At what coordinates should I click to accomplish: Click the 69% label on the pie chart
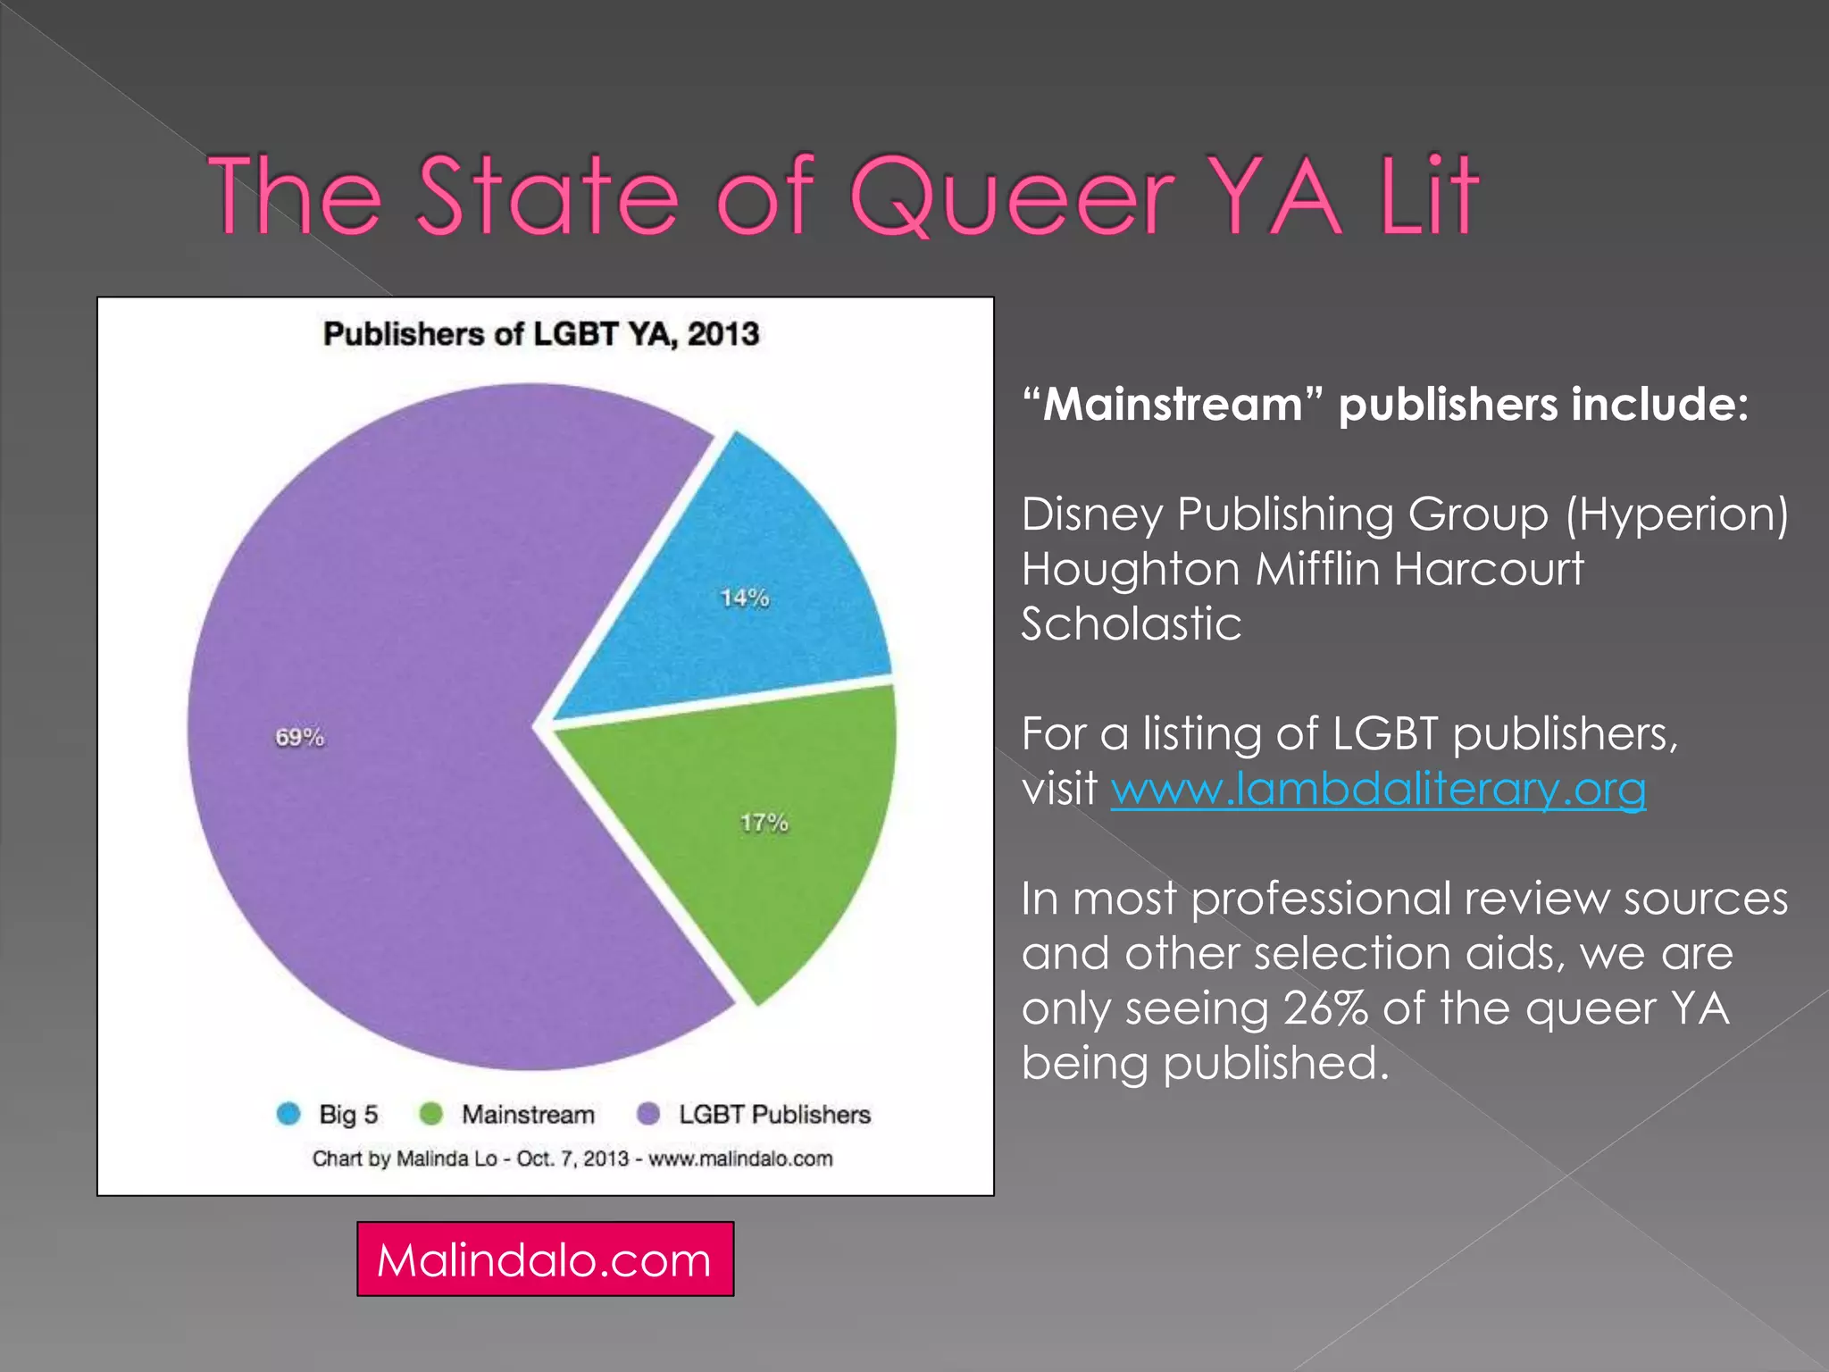coord(299,738)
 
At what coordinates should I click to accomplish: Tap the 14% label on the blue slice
coord(745,598)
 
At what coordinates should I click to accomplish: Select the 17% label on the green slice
coord(764,823)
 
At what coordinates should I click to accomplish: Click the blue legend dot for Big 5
coord(288,1114)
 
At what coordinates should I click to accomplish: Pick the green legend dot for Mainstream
coord(431,1114)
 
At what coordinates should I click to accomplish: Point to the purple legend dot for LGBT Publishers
coord(648,1114)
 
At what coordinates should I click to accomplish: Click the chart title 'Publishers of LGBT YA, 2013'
coord(541,334)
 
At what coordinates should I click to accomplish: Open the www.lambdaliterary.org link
coord(1378,789)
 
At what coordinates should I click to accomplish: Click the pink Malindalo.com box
coord(545,1259)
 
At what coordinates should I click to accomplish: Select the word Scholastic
coord(1131,623)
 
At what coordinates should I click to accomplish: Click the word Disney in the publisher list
coord(1091,514)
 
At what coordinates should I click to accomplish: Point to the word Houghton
coord(1130,569)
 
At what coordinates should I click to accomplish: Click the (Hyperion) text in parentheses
coord(1676,514)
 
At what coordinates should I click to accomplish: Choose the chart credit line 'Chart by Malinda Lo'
coord(572,1159)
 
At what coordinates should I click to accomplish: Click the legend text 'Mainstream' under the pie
coord(528,1115)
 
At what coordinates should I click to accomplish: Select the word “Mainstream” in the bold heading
coord(1171,405)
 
